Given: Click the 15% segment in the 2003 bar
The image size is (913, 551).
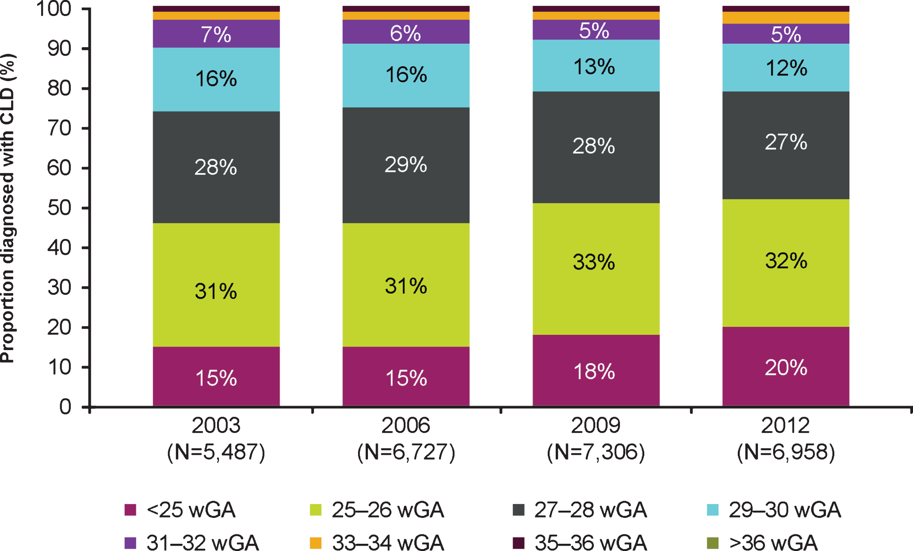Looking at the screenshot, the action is pos(216,376).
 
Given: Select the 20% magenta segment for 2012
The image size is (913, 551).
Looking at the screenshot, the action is pos(786,366).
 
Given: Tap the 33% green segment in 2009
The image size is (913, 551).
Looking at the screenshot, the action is pos(596,269).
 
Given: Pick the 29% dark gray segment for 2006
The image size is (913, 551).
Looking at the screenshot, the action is pos(406,165).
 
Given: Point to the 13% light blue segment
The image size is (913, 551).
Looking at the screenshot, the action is pos(596,65).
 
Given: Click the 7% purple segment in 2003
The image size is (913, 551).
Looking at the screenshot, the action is pos(216,33).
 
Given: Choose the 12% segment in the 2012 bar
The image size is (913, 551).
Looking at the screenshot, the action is pos(786,67).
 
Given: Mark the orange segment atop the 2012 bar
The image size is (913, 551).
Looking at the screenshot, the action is pos(786,18).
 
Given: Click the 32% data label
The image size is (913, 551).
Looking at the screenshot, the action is pos(786,261).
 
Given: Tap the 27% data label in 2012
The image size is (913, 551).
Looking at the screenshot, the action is pos(786,142).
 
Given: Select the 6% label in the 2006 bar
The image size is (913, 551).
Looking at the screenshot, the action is pos(406,33).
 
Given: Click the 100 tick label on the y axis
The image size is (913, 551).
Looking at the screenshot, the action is pos(54,9).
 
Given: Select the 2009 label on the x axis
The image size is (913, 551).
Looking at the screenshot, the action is pos(596,425).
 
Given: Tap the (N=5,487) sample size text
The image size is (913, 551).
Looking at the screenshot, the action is pos(216,452).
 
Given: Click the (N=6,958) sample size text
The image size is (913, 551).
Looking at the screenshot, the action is pos(786,452).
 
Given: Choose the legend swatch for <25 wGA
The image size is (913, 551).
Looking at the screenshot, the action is pos(130,510).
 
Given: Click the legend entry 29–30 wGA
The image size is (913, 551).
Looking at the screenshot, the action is pos(774,510).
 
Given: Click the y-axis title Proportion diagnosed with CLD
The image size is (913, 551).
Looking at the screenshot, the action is pos(8,208).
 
